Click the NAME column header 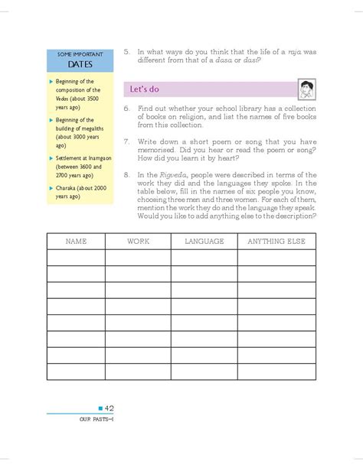pyautogui.click(x=77, y=242)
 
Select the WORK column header pyautogui.click(x=138, y=242)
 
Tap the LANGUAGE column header pyautogui.click(x=204, y=242)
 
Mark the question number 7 pyautogui.click(x=126, y=143)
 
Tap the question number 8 pyautogui.click(x=126, y=176)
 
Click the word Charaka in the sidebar pyautogui.click(x=68, y=184)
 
